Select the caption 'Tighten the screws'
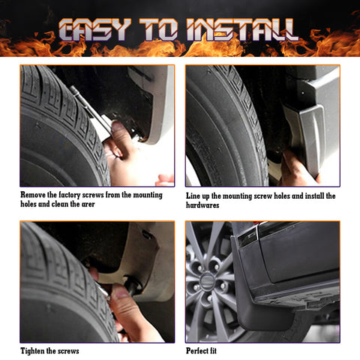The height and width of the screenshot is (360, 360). pyautogui.click(x=49, y=350)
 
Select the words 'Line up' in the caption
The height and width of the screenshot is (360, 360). pyautogui.click(x=199, y=195)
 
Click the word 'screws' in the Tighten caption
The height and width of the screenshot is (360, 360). pyautogui.click(x=66, y=350)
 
